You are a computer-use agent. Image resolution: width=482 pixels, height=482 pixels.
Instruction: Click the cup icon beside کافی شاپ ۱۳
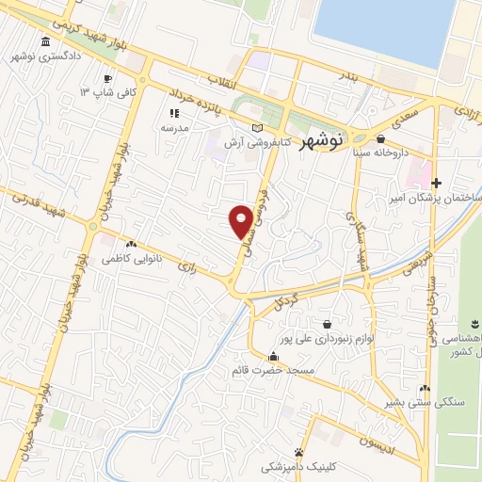point(108,78)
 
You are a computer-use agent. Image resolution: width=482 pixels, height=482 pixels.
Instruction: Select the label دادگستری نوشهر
point(45,57)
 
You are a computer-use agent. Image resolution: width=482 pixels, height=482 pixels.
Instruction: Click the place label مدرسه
point(175,127)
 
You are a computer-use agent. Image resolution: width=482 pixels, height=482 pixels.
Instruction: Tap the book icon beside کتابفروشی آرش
point(258,127)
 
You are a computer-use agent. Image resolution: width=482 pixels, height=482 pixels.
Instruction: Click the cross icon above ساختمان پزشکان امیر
point(436,182)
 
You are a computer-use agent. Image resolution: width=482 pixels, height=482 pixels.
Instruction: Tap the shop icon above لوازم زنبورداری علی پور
point(327,322)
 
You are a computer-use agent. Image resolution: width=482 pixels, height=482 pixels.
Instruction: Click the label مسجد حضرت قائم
point(273,370)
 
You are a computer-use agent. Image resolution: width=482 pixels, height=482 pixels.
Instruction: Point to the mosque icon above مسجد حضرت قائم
point(273,356)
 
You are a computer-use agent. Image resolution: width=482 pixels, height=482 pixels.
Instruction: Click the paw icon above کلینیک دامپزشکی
point(298,452)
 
